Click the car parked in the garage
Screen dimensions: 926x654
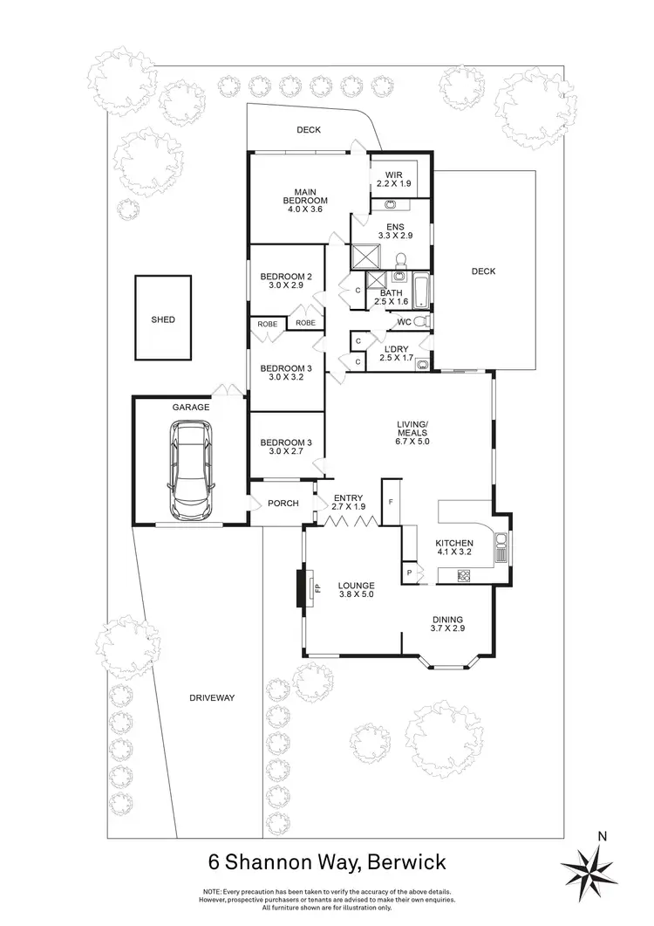coord(191,469)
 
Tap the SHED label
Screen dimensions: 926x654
coord(162,319)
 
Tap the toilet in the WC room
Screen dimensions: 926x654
coord(420,322)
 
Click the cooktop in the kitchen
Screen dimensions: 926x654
coord(464,574)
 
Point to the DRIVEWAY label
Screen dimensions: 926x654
coord(213,698)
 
